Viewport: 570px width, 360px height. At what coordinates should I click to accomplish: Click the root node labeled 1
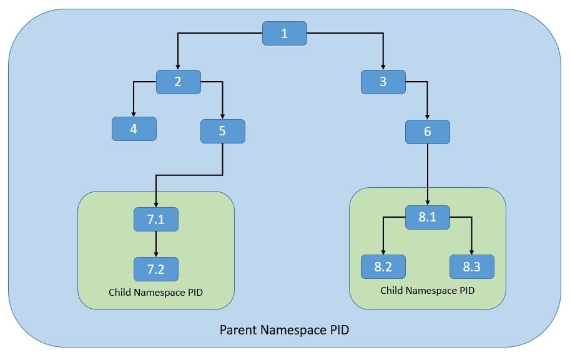284,33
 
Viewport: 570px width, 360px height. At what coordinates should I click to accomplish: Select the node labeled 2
178,82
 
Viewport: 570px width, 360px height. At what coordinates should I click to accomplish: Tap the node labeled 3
383,82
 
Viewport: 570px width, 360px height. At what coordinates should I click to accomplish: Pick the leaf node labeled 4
134,129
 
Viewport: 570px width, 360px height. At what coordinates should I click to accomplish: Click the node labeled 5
222,131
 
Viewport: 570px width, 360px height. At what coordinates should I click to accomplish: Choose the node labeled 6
427,132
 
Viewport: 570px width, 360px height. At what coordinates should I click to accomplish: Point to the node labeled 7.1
156,219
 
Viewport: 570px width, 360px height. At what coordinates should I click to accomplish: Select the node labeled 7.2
156,269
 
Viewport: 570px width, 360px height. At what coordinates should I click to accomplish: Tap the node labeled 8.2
383,266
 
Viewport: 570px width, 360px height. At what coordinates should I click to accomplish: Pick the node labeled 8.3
471,266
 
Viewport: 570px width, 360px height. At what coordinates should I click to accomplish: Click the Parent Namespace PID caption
284,330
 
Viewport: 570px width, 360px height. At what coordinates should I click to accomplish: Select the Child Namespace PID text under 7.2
156,292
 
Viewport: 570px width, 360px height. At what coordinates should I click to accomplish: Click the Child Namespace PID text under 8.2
428,291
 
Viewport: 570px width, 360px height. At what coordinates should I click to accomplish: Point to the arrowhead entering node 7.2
156,254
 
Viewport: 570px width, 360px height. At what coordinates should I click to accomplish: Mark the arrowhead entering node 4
134,114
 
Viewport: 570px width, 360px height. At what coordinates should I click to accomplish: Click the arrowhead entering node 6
427,117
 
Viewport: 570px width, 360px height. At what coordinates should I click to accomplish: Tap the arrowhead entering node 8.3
471,251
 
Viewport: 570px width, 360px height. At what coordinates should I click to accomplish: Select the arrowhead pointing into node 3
383,67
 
